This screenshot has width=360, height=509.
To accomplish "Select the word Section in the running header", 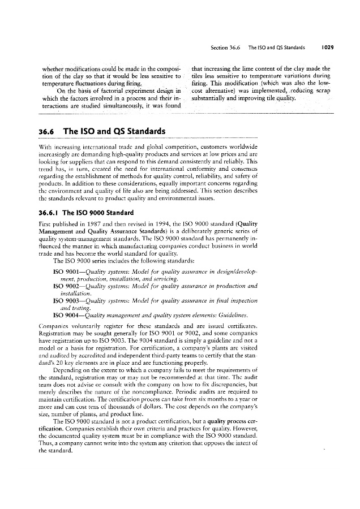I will tap(217, 48).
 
